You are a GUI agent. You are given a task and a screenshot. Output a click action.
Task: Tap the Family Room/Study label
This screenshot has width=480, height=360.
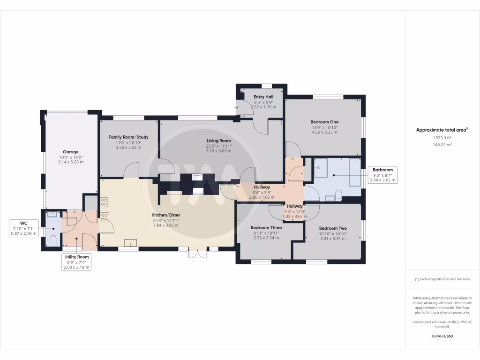click(x=128, y=137)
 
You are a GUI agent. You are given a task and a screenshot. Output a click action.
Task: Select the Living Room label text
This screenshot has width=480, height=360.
click(x=219, y=141)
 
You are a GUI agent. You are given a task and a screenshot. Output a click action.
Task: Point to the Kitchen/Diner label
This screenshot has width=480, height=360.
click(x=166, y=215)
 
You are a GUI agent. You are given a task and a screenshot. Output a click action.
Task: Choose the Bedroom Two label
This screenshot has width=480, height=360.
click(x=333, y=228)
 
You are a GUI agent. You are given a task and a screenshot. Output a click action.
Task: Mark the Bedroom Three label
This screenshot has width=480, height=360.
click(x=265, y=228)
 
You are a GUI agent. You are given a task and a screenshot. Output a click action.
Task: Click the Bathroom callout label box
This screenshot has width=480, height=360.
click(x=383, y=174)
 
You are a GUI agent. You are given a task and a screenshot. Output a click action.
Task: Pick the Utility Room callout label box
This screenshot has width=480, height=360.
click(x=76, y=262)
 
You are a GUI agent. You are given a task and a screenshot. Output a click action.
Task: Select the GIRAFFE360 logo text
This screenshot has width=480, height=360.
click(x=442, y=336)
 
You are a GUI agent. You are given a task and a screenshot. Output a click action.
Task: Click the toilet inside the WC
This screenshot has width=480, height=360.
click(x=52, y=241)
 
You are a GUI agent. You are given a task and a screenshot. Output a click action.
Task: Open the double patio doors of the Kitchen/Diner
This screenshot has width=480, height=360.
click(x=197, y=253)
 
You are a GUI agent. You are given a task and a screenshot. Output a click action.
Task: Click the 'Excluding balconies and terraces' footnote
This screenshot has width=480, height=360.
click(x=442, y=279)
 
